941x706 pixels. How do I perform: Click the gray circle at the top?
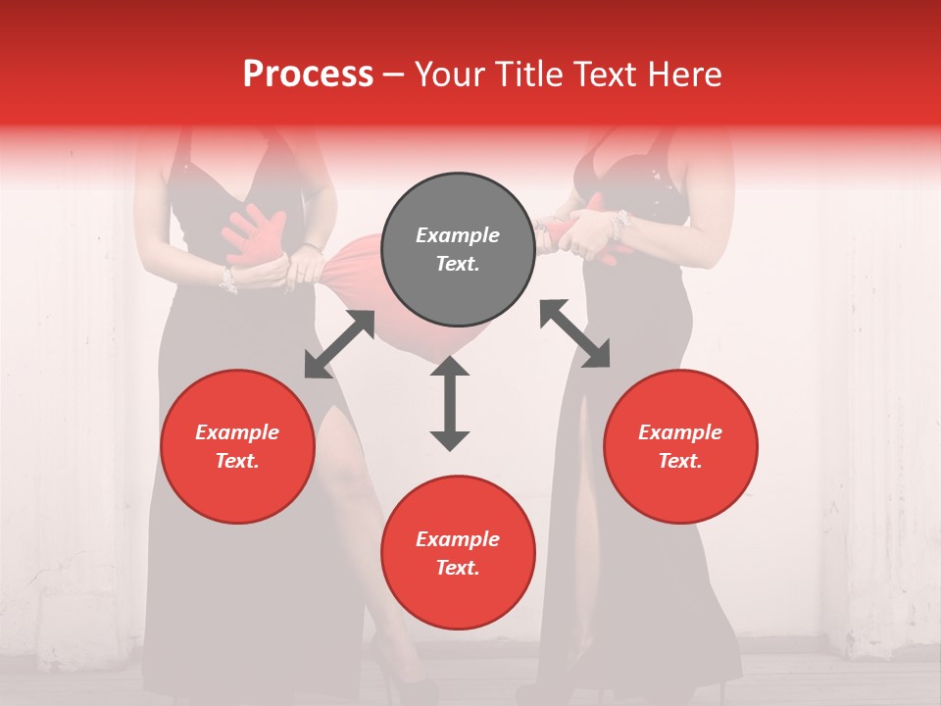tap(458, 249)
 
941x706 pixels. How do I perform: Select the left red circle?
tap(237, 446)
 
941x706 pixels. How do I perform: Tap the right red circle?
tap(680, 446)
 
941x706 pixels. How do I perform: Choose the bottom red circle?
tap(458, 553)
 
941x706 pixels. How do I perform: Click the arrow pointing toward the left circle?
tap(339, 344)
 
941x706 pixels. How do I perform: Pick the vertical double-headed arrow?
tap(450, 403)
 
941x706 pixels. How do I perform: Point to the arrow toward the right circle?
tap(574, 333)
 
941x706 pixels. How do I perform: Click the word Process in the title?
tap(308, 74)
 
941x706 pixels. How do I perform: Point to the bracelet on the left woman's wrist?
tap(228, 280)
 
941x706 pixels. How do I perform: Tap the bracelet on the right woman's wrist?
tap(618, 227)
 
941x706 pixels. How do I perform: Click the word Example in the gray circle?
tap(458, 235)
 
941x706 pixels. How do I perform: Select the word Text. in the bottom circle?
tap(458, 568)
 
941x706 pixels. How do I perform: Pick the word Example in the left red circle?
tap(237, 432)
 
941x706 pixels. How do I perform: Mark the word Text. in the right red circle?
tap(680, 461)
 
